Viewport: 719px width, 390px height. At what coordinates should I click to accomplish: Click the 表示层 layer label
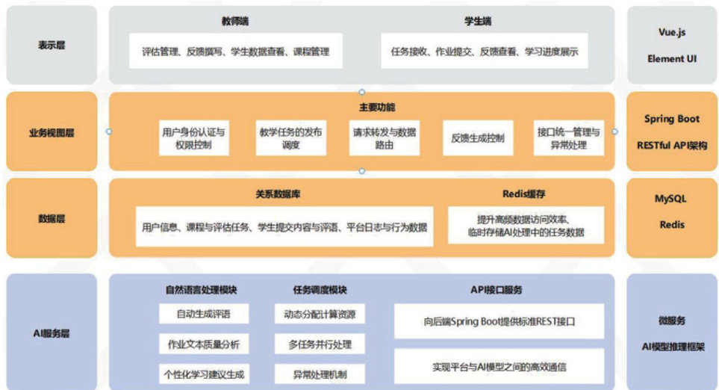click(52, 45)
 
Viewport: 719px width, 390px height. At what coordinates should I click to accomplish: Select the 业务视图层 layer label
click(52, 132)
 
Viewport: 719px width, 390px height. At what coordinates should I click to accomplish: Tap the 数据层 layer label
click(52, 219)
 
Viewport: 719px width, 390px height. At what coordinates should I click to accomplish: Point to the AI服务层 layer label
click(52, 332)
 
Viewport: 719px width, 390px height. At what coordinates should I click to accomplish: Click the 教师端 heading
click(234, 22)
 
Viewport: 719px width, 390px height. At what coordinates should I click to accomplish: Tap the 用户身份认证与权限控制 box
click(193, 138)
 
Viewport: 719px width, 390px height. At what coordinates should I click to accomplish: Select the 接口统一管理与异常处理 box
click(568, 138)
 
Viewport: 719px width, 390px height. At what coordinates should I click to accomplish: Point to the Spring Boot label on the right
click(671, 119)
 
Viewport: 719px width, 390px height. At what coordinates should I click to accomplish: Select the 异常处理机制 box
click(319, 374)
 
